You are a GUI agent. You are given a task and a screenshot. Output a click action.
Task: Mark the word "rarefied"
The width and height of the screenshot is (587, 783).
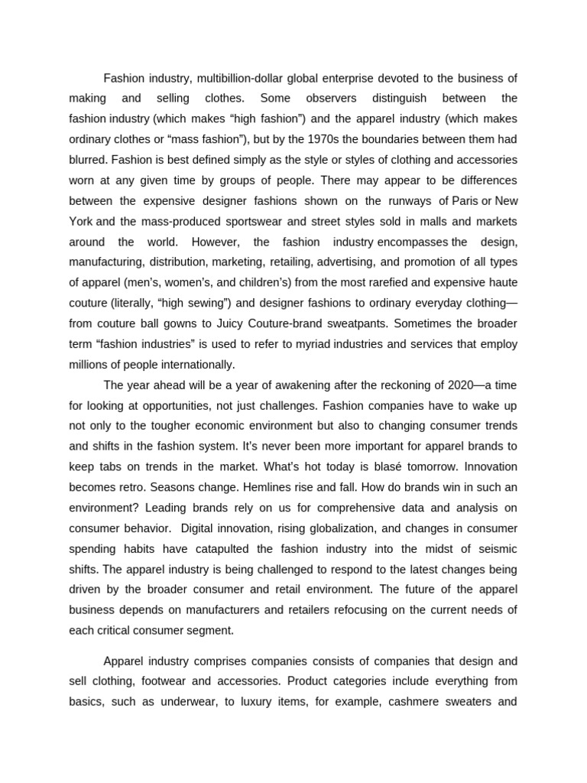(388, 284)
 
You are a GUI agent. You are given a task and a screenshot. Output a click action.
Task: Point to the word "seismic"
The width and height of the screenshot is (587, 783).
(497, 549)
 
